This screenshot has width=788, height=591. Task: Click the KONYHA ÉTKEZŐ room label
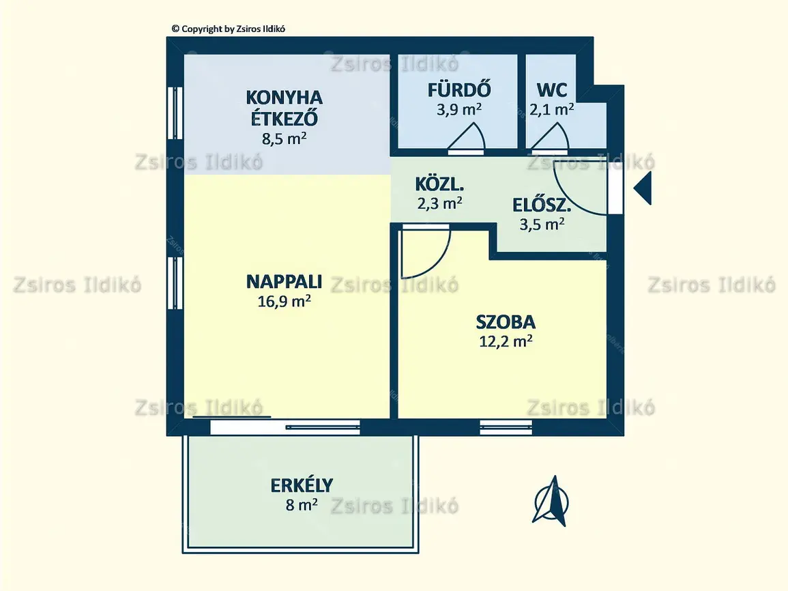[x=284, y=108]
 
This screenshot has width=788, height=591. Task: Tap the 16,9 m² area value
[x=284, y=301]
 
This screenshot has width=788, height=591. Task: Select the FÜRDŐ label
[x=459, y=89]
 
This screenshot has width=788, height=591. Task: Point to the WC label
[x=552, y=90]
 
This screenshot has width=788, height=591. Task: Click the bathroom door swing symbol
[x=467, y=136]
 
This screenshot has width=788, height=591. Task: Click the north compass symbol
[x=551, y=500]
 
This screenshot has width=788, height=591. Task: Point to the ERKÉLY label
[x=302, y=485]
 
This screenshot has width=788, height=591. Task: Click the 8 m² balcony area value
[x=302, y=504]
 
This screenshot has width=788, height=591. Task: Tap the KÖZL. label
[x=439, y=184]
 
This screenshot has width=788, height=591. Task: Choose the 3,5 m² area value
[x=542, y=224]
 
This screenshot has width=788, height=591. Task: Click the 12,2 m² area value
[x=506, y=341]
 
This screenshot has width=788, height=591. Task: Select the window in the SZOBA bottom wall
[x=506, y=427]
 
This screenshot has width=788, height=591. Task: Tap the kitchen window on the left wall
[x=175, y=113]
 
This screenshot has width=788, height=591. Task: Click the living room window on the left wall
[x=175, y=283]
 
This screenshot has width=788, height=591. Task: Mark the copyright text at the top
[x=229, y=29]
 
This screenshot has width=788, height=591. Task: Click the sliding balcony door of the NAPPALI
[x=285, y=427]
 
